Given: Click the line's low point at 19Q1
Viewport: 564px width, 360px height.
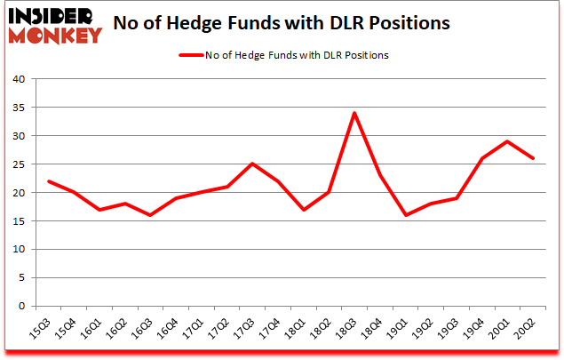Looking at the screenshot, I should point(406,215).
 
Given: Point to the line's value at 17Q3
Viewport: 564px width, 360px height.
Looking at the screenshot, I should point(252,164).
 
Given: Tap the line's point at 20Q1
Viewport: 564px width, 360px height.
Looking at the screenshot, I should point(508,141).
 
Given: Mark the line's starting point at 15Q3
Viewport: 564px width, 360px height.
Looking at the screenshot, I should point(48,180).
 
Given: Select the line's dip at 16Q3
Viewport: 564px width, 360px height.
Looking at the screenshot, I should point(150,215).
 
